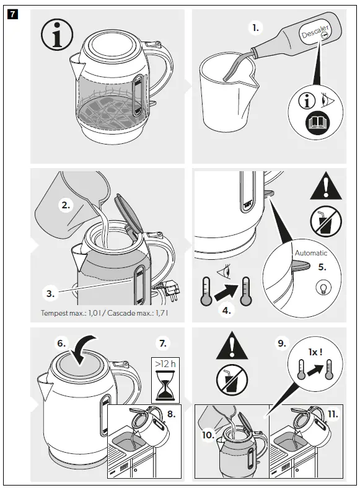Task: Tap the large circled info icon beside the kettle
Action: pos(57,38)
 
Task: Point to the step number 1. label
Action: pos(256,28)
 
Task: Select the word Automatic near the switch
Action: pos(310,253)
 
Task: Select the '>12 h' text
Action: pos(165,363)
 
